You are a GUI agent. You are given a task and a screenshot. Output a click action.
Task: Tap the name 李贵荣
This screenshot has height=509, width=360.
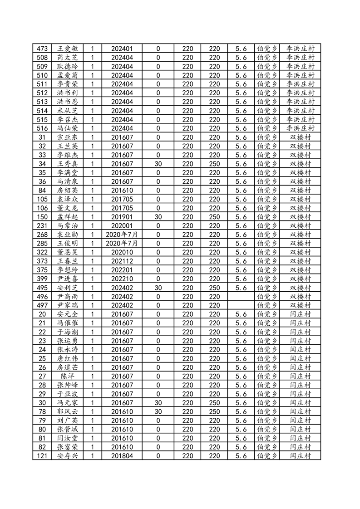pos(67,84)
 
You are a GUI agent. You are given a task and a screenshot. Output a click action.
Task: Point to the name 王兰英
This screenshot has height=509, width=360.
pos(67,146)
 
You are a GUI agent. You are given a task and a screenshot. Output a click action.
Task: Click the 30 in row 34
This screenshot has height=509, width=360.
pos(158,164)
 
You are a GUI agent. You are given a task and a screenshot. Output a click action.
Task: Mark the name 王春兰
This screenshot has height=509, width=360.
pos(67,261)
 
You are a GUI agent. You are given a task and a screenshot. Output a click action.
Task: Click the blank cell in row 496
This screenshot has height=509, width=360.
pos(241,297)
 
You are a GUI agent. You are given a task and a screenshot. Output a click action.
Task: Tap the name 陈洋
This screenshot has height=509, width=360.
pos(67,376)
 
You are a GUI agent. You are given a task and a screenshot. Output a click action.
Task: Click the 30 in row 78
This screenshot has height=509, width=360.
pos(158,411)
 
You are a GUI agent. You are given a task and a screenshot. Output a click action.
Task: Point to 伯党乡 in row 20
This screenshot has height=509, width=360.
pos(267,314)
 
